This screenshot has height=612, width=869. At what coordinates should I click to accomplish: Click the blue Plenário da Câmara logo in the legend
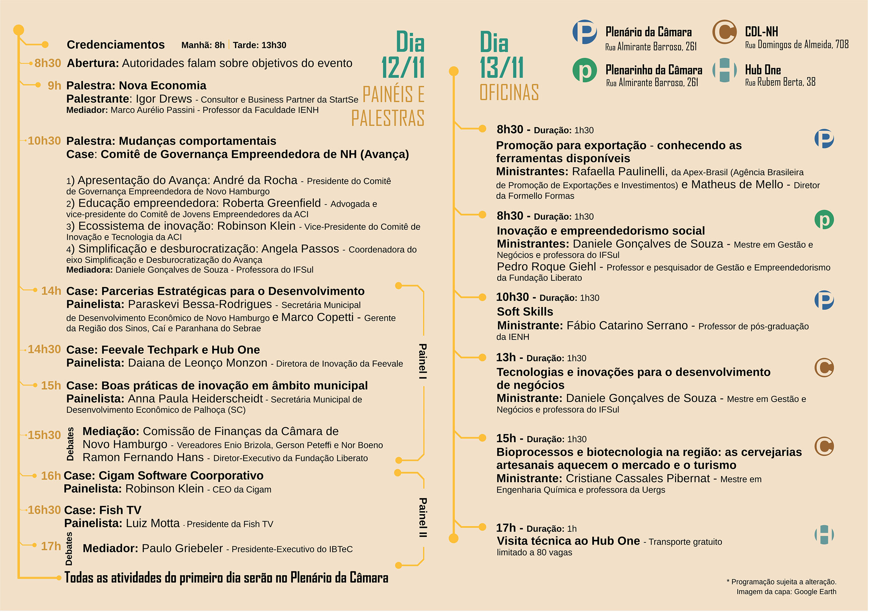[585, 32]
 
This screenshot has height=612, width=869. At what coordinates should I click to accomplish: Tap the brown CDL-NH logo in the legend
[724, 32]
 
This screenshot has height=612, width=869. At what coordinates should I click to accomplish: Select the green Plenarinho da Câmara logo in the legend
[585, 70]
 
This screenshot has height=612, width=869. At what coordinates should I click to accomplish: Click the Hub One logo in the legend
[724, 70]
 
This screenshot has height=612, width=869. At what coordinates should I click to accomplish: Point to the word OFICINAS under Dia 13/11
[509, 93]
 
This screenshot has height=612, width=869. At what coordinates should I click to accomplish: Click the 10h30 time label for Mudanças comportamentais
[44, 141]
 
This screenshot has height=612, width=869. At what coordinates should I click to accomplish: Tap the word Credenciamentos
[116, 44]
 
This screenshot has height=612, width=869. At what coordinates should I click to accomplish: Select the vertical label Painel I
[423, 361]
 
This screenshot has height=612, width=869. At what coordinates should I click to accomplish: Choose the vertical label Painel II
[423, 518]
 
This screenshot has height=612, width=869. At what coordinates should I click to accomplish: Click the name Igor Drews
[164, 99]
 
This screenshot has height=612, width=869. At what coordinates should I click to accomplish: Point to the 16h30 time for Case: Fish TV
[44, 510]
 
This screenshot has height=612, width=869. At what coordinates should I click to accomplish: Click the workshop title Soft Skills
[525, 312]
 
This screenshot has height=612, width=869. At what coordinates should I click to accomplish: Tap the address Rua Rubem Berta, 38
[780, 82]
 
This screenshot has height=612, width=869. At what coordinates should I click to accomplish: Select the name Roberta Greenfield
[272, 203]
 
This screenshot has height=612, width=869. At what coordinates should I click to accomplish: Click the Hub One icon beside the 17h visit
[824, 534]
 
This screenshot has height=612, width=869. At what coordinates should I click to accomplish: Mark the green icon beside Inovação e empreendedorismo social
[824, 220]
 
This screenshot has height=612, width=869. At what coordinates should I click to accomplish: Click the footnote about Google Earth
[786, 591]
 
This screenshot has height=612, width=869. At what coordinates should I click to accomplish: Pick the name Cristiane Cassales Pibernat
[638, 479]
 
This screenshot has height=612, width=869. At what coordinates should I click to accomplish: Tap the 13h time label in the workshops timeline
[506, 357]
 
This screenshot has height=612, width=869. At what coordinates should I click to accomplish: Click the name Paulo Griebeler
[182, 548]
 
